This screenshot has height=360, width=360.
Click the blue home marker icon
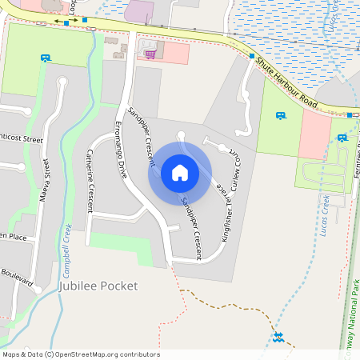tap(180, 172)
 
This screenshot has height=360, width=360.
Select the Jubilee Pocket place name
tap(98, 286)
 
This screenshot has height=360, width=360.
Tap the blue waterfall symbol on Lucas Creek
tap(278, 336)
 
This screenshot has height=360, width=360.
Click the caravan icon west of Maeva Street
tap(46, 58)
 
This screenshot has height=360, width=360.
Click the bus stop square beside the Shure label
tap(251, 57)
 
